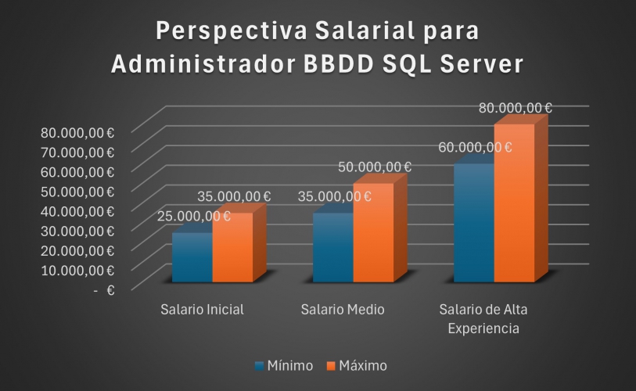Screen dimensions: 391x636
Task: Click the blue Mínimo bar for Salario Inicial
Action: tap(192, 258)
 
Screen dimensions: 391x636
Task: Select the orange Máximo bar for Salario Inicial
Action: tap(232, 249)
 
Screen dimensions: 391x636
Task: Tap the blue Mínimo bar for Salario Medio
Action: tap(332, 249)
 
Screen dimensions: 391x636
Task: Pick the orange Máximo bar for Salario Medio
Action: tap(373, 233)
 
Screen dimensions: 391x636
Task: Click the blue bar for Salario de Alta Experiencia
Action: tap(473, 224)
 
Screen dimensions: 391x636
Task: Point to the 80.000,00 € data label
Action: tap(516, 109)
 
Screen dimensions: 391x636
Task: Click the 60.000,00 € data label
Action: tap(475, 147)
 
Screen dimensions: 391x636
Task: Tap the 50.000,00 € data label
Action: tap(375, 167)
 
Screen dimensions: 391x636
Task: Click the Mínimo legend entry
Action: tap(284, 365)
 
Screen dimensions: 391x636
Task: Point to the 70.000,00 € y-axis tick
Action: tap(77, 152)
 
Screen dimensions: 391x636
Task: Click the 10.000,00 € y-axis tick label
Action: tap(77, 270)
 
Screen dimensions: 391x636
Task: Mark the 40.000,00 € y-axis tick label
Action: tap(77, 210)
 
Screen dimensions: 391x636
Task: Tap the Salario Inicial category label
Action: tap(202, 309)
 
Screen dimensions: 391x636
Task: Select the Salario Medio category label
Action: tap(343, 309)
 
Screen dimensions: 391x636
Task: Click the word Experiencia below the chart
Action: tap(483, 328)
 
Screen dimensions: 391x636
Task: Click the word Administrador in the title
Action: tap(200, 65)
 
